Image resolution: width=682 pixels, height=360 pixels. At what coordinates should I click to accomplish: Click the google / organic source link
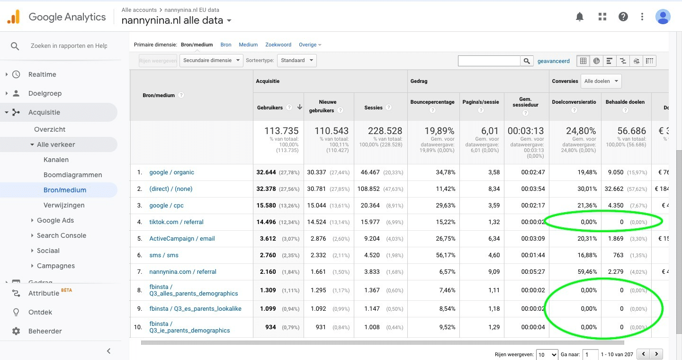click(x=171, y=172)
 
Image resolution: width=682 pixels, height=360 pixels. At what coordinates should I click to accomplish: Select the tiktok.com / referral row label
click(x=176, y=222)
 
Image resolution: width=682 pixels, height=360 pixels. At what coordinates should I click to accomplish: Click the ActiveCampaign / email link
click(x=182, y=239)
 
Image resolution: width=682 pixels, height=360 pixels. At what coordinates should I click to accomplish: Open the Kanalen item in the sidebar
click(x=56, y=160)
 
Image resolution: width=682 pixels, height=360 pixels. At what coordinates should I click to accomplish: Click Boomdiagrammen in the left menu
click(x=72, y=175)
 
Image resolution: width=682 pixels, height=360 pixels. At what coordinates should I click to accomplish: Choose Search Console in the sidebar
click(x=61, y=235)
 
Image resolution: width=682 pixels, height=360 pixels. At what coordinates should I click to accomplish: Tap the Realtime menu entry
click(x=42, y=74)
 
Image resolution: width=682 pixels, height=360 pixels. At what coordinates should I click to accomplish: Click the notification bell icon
click(x=580, y=17)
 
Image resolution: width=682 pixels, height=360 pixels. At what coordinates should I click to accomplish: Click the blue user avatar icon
click(x=663, y=17)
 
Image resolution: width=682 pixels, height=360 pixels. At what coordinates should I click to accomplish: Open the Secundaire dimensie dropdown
click(x=211, y=61)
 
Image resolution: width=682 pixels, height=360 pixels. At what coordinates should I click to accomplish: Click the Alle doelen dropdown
click(x=601, y=81)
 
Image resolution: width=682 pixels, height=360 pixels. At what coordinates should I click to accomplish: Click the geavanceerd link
click(x=553, y=61)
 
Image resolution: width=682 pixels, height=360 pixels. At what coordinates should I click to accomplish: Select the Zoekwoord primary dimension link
click(x=278, y=45)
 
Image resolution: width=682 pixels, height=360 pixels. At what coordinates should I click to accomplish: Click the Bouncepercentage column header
click(x=432, y=102)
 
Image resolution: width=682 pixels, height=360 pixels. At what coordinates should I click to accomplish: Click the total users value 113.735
click(x=281, y=131)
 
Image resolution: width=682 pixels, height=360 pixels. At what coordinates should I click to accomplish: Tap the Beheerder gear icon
click(x=16, y=331)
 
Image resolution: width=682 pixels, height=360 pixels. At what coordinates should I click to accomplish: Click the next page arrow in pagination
click(x=656, y=354)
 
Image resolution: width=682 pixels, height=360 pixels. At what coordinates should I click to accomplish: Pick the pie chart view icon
click(x=596, y=61)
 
